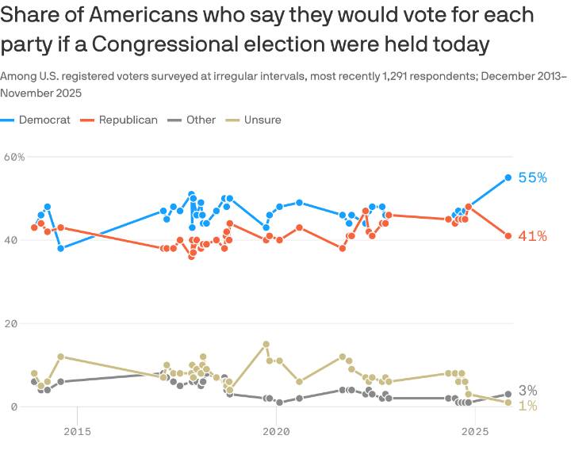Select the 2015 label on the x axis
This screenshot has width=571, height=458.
(x=77, y=432)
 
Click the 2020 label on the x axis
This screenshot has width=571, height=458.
(x=275, y=432)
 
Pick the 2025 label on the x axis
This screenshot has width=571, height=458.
(x=474, y=432)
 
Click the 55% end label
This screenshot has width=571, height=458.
(x=532, y=177)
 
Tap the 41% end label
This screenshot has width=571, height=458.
(x=532, y=236)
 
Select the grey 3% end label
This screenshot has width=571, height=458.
(x=528, y=391)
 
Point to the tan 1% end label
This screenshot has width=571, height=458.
(x=528, y=406)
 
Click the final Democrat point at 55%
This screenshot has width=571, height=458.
(x=508, y=177)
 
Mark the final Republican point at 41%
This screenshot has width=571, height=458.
(x=508, y=235)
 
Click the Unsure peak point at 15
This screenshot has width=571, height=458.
(x=266, y=344)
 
